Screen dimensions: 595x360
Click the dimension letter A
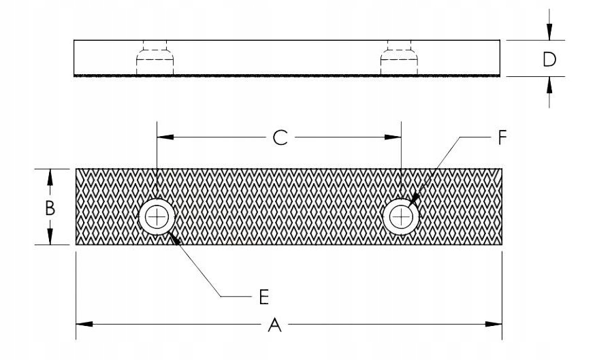pos(275,325)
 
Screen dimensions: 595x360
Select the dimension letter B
pos(50,208)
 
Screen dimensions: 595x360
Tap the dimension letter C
pos(280,137)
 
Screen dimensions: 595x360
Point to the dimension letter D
pos(549,60)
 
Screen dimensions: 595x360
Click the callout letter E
pos(264,297)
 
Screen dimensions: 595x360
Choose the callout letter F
pos(502,137)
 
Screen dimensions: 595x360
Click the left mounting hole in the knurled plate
pos(157,217)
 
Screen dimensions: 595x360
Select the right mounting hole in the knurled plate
pos(401,217)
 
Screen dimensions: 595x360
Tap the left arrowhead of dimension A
pos(84,325)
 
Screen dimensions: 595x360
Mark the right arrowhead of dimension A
pos(494,325)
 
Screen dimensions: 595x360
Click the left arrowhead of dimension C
pos(165,137)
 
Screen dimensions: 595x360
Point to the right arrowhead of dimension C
pos(393,137)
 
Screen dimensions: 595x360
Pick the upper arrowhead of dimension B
pos(50,178)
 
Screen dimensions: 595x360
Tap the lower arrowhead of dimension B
pos(50,236)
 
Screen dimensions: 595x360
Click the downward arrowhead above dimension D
pos(549,31)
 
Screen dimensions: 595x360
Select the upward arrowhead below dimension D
pos(549,85)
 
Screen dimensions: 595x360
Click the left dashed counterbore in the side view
pos(155,57)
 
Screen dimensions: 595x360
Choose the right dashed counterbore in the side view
pos(399,57)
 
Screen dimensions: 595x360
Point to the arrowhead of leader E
pos(173,238)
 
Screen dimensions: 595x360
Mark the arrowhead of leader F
pos(415,199)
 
